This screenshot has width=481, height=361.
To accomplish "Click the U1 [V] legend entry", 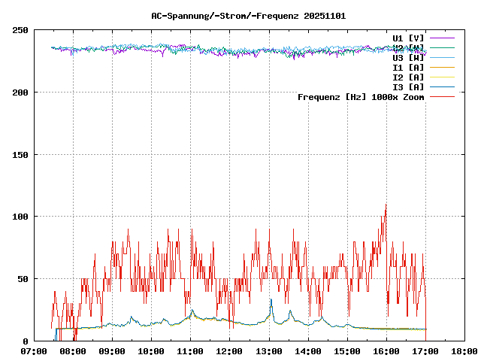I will click(408, 38).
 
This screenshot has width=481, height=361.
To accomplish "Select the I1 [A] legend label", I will click(408, 67).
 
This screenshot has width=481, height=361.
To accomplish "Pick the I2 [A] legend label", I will click(408, 77).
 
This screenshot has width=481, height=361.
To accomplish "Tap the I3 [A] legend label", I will click(408, 86).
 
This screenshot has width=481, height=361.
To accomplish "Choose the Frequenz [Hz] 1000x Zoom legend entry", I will click(361, 96).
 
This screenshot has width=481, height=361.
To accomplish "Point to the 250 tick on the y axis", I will click(20, 30).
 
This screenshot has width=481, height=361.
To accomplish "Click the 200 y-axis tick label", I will click(20, 93).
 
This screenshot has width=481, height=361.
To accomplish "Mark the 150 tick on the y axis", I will click(20, 155).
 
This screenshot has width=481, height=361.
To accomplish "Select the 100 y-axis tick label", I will click(20, 217).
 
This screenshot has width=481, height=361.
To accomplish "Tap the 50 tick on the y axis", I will click(23, 279).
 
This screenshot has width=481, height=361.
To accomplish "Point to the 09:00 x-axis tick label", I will click(112, 350).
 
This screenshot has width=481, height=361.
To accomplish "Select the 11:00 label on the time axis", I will click(190, 350).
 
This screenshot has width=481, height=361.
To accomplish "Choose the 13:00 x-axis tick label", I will click(268, 350).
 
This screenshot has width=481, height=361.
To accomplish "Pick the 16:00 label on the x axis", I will click(386, 350).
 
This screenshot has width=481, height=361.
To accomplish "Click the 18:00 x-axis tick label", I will click(464, 350).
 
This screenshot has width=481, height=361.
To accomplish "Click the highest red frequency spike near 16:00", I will click(386, 205).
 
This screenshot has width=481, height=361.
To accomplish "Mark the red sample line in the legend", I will click(443, 96).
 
